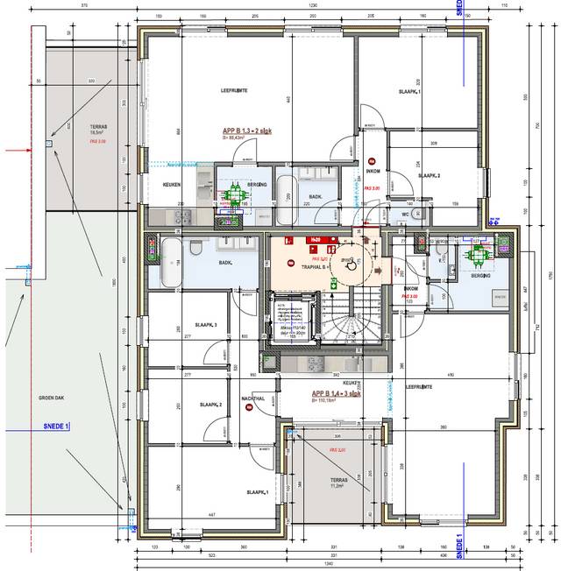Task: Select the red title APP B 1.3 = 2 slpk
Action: (x=248, y=130)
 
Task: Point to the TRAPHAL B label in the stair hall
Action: (x=314, y=266)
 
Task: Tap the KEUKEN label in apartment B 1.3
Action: (x=171, y=185)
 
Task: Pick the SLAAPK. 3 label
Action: (x=208, y=325)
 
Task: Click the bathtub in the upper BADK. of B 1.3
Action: (x=287, y=199)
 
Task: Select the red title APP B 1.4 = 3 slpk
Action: (x=337, y=394)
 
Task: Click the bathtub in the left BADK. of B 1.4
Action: (x=169, y=261)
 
